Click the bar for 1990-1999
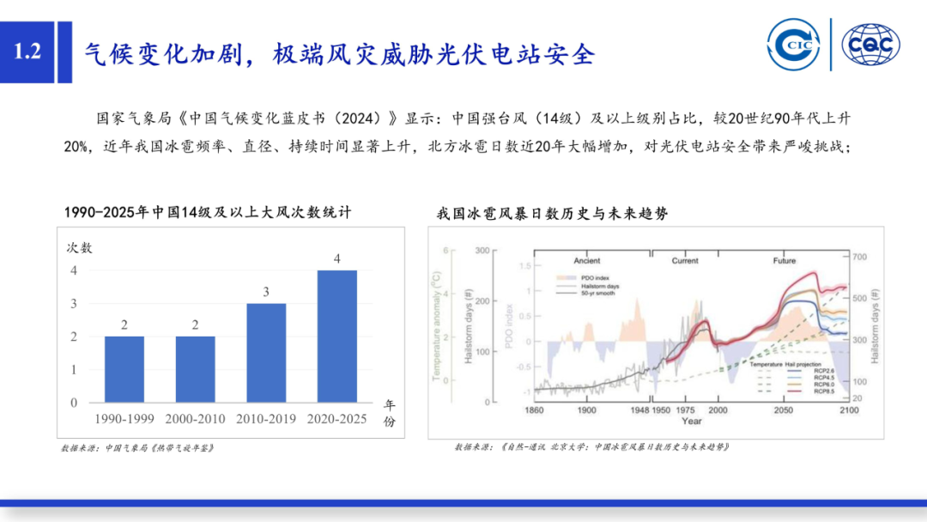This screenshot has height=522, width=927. [124, 369]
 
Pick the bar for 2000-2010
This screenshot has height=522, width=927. [195, 369]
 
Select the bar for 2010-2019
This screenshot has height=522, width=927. [266, 353]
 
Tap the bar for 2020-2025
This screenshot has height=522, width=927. [336, 337]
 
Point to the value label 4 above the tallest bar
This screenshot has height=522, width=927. [336, 258]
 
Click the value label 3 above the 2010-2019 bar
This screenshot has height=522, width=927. [266, 292]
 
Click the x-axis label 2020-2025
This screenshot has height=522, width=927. [336, 418]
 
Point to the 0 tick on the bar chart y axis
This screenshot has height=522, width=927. [73, 403]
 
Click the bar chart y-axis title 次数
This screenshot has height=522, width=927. [80, 248]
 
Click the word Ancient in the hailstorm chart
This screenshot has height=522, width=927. [587, 260]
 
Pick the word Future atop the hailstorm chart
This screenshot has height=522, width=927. [784, 260]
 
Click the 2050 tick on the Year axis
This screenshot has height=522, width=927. [783, 411]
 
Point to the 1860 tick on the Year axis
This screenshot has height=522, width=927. [534, 411]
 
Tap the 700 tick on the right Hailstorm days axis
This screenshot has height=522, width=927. [861, 258]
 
